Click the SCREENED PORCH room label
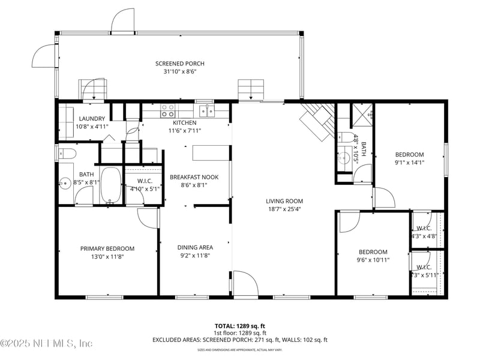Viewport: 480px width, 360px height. coord(180,64)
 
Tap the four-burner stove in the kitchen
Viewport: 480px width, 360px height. coord(167,111)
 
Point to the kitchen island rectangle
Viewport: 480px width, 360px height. coord(211,154)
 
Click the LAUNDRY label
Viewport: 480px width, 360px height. coord(92,119)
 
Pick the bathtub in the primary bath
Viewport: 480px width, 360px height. coord(110,185)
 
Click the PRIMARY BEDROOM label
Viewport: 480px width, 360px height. coord(107,248)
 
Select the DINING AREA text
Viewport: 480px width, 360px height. coord(194,247)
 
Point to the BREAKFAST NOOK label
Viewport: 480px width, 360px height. coord(194,177)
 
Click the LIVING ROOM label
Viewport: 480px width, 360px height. coord(284,202)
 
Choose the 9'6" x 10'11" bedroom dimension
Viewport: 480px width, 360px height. coord(373,260)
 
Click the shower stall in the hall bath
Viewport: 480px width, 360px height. coord(362,114)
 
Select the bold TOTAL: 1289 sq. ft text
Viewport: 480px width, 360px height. coord(239,326)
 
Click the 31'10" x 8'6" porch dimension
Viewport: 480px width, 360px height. coord(180,71)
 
